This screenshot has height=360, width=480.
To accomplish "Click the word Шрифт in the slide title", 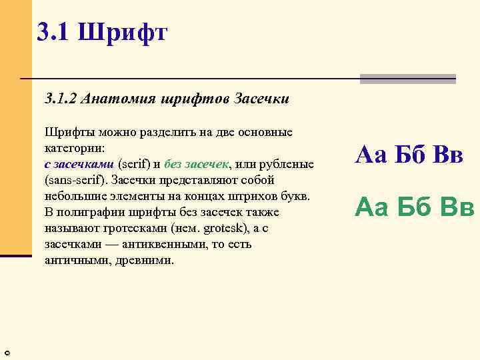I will [123, 31].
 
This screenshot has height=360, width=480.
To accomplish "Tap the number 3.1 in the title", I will [54, 31].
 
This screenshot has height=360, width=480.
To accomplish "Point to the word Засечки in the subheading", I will [261, 99].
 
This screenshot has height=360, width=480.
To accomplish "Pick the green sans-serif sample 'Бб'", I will [411, 207].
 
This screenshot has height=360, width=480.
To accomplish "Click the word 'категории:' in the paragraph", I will [73, 148].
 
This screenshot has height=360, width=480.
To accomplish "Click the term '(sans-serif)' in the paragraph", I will [75, 180].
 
